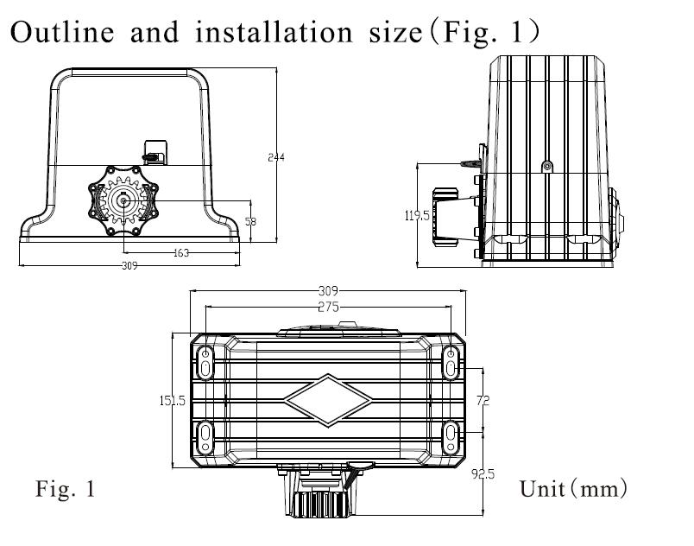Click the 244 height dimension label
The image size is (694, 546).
tap(276, 157)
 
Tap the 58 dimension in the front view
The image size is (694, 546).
tap(250, 221)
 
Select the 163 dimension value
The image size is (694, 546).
tap(181, 253)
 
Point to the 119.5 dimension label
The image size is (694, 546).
tap(417, 216)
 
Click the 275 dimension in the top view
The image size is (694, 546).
tap(328, 307)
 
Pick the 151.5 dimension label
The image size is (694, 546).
tap(173, 401)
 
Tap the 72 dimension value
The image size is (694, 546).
tap(483, 400)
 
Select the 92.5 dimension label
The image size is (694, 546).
tap(483, 474)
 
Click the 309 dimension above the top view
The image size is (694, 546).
tap(328, 291)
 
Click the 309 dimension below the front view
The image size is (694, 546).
tap(129, 266)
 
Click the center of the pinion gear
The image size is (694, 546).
tap(123, 201)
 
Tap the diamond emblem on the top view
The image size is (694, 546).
tap(328, 401)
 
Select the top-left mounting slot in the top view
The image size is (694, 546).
tap(205, 362)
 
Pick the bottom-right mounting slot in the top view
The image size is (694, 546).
tap(451, 438)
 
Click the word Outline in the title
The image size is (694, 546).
tap(62, 32)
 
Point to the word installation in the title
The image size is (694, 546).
tap(274, 32)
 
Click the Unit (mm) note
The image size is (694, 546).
tap(574, 489)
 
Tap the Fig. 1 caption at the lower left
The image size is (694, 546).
tap(66, 488)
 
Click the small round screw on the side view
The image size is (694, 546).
tap(547, 167)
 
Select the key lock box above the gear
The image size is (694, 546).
tap(155, 152)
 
